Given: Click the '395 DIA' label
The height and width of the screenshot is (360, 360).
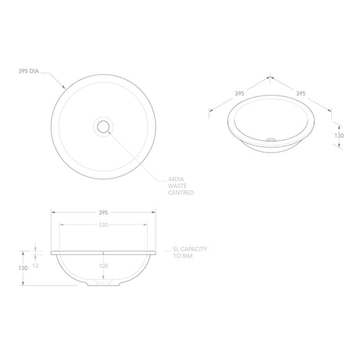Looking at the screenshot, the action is (28, 71).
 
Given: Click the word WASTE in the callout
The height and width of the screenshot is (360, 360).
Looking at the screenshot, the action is (178, 185).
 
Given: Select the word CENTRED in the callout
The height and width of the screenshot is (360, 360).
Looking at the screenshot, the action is (181, 193).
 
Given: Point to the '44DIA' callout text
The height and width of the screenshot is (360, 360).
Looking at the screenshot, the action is (176, 179).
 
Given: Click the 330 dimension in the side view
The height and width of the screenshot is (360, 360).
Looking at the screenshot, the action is (103, 225).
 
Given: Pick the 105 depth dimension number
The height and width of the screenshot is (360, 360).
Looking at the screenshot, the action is (103, 266).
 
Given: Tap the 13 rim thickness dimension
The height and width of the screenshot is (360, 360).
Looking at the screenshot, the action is (35, 265).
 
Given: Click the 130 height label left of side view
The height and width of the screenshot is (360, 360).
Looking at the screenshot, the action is (23, 268).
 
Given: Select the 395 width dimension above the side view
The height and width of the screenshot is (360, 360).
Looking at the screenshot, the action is (103, 213).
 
